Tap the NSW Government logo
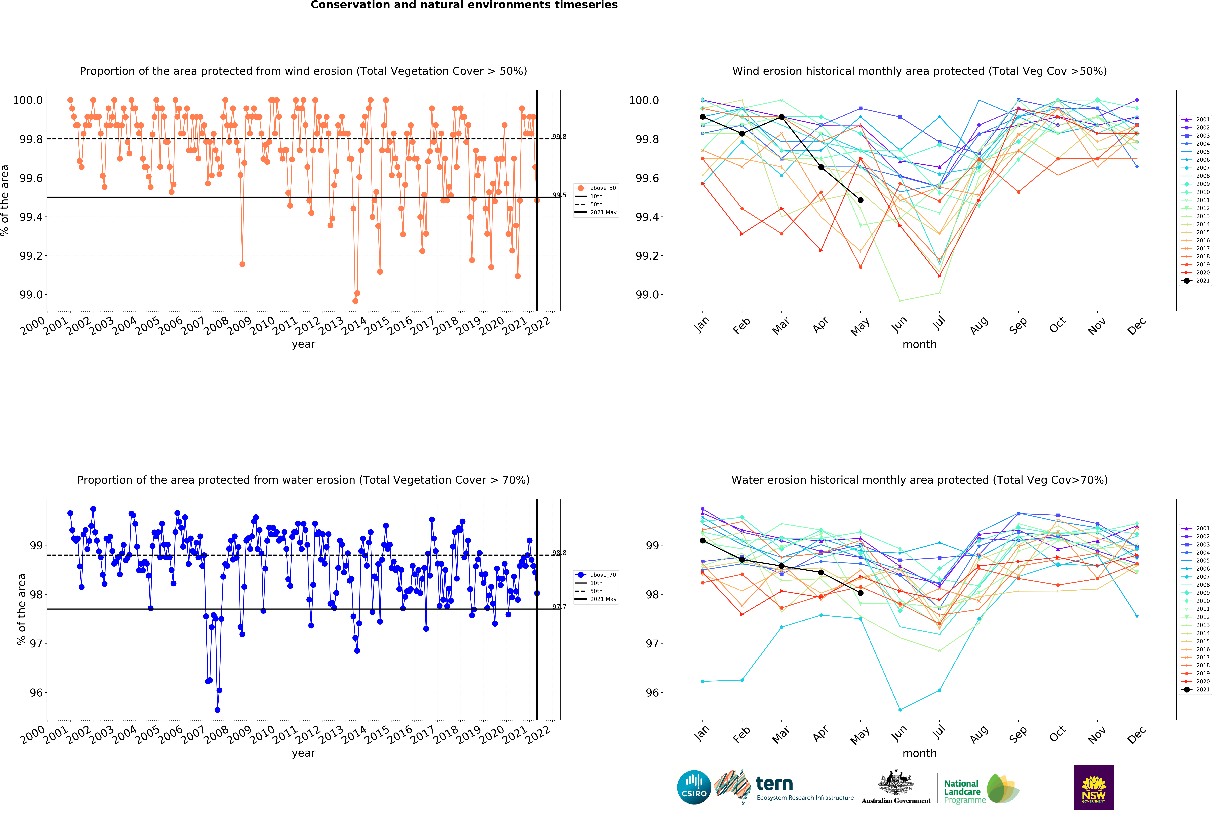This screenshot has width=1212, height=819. coord(1094,787)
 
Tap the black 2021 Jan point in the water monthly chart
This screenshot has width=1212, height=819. coord(702,541)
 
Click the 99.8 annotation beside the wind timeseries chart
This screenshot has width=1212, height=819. coord(559,137)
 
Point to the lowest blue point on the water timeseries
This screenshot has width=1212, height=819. coord(217,710)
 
